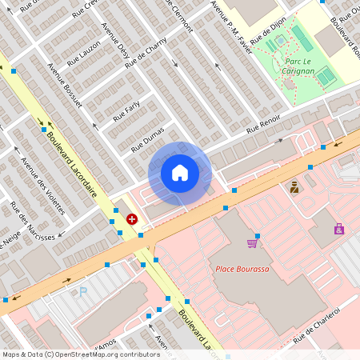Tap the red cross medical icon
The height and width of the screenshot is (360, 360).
[132, 218]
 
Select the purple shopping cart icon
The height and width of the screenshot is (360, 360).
[253, 242]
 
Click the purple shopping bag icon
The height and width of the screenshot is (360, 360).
[339, 229]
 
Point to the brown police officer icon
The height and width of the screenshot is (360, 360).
[294, 187]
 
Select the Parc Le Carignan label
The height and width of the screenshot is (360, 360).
[298, 66]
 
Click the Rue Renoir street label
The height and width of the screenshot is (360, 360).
[263, 124]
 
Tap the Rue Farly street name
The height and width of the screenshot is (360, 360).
[126, 110]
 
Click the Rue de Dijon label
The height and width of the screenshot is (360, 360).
[268, 33]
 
